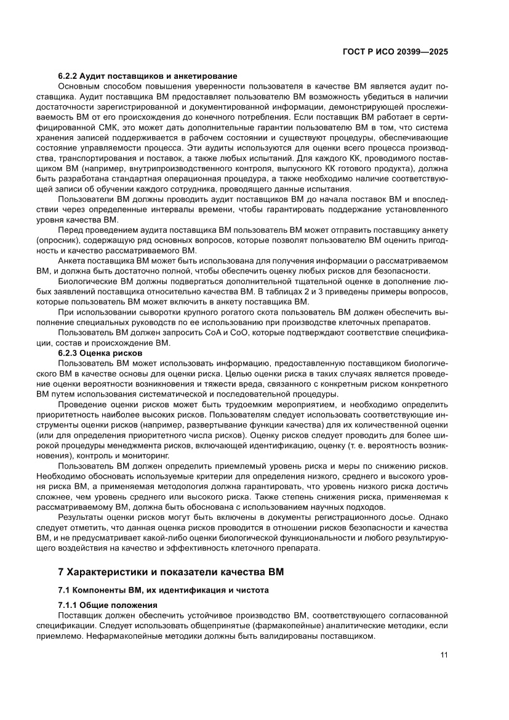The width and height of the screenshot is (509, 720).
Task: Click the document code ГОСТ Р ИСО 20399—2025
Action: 395,52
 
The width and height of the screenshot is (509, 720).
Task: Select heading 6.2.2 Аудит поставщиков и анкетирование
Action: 148,76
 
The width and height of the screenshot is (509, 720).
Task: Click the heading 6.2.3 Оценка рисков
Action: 100,353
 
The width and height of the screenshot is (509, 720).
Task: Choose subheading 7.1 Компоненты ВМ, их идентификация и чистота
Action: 163,589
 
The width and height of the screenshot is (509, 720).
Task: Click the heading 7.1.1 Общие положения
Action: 108,605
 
